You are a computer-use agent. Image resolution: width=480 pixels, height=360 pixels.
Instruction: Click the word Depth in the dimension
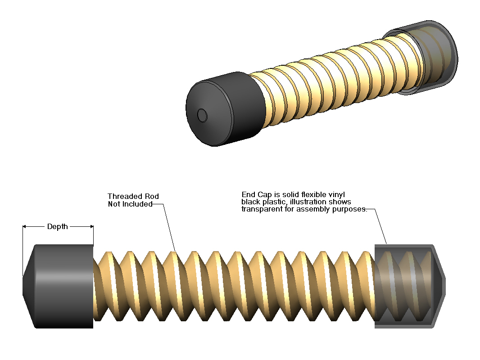58,226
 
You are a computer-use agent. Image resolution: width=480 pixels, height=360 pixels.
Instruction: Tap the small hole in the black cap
203,116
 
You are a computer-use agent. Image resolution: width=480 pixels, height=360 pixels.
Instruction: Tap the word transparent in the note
261,209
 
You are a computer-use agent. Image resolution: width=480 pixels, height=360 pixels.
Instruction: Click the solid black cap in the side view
63,286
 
